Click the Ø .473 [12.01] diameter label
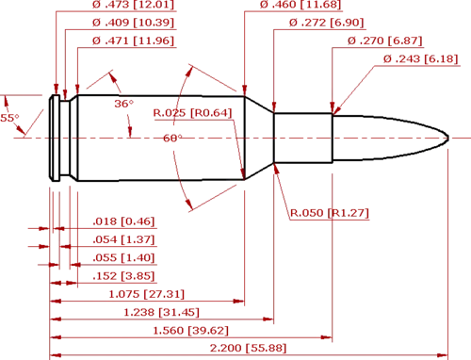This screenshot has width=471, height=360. click(133, 5)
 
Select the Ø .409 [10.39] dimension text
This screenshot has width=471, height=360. click(133, 23)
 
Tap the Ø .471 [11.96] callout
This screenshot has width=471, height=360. click(133, 41)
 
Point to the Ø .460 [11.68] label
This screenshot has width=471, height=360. click(300, 5)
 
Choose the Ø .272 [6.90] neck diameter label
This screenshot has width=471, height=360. click(326, 23)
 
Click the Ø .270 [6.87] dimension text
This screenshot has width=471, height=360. click(385, 41)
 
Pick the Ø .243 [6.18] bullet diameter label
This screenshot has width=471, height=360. click(421, 58)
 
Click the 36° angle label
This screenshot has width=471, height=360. click(123, 104)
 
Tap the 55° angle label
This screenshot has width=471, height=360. click(9, 118)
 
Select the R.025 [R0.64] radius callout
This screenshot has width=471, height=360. click(192, 113)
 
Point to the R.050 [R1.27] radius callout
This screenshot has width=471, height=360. click(329, 213)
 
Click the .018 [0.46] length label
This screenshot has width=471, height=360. click(123, 221)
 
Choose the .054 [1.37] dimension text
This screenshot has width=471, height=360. click(123, 239)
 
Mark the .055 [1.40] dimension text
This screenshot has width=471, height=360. click(123, 258)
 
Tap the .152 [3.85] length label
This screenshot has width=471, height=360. click(123, 276)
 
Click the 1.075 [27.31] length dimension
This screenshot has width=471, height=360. click(146, 294)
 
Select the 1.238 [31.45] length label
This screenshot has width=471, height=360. click(161, 313)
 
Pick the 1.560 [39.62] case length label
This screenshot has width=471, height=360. click(190, 331)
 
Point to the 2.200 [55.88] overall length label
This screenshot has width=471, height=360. click(248, 348)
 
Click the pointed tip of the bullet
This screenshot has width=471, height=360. click(448, 139)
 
